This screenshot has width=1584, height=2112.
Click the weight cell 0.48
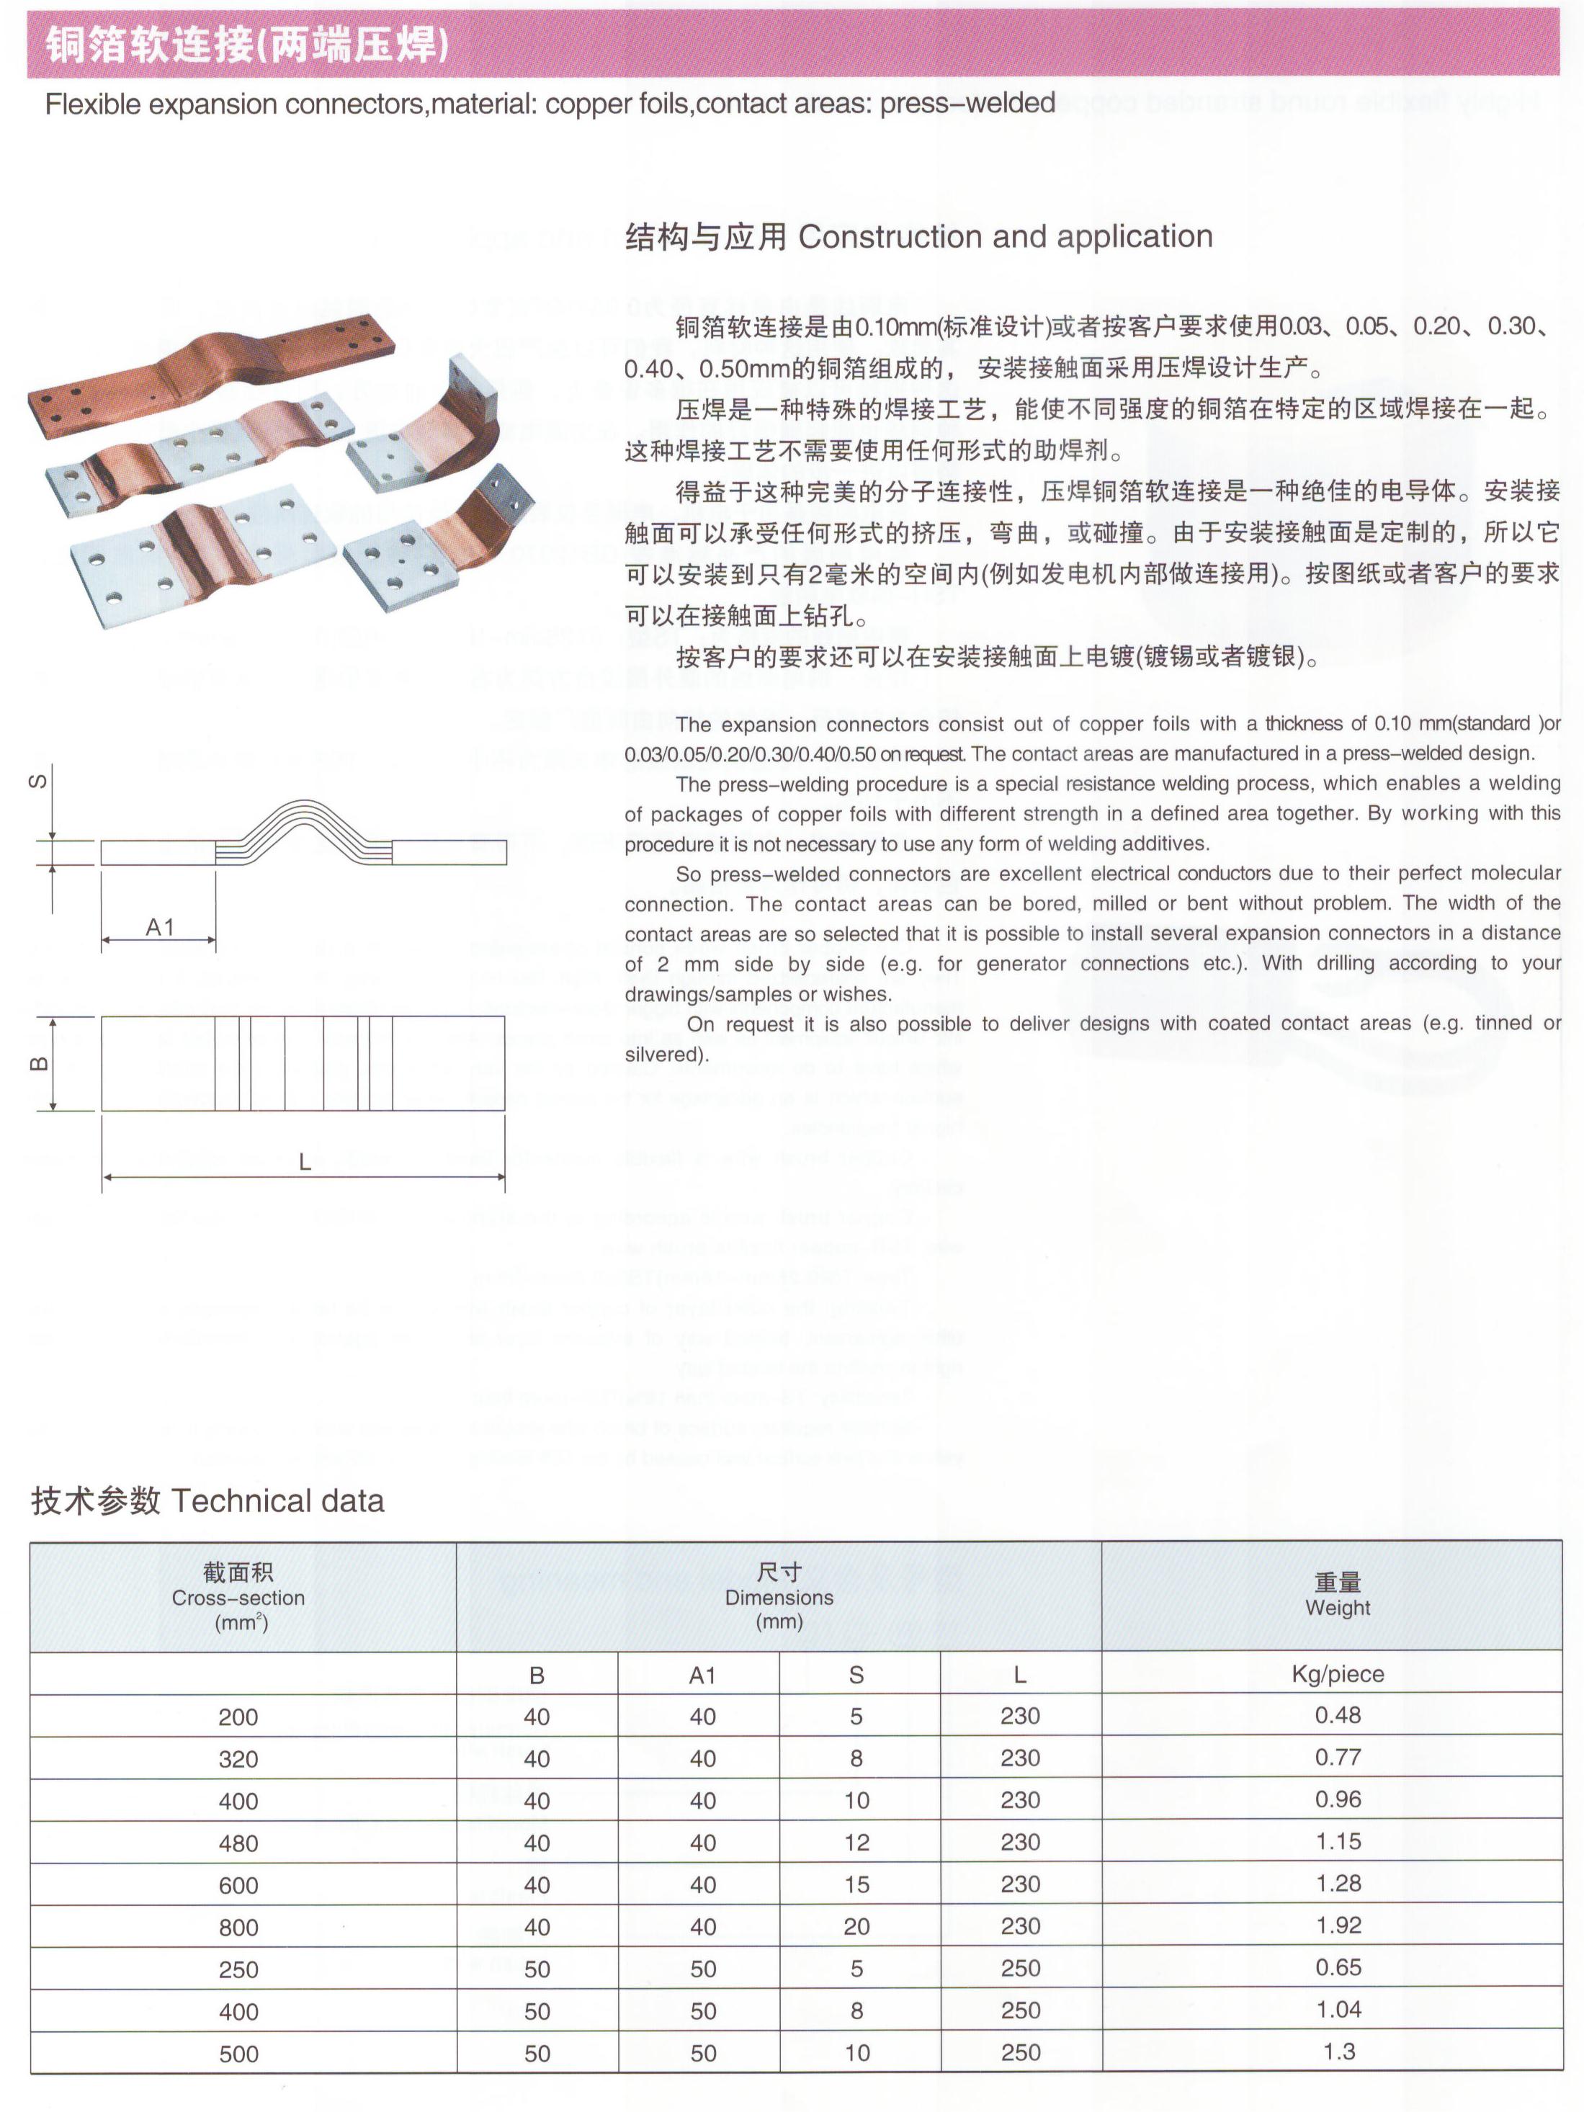(x=1337, y=1715)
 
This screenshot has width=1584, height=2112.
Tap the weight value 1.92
(x=1337, y=1925)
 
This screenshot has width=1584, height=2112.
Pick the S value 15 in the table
(x=856, y=1884)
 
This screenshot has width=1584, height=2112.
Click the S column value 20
(x=856, y=1926)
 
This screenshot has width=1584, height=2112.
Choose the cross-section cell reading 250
(x=238, y=1969)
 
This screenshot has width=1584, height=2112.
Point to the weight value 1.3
(x=1338, y=2051)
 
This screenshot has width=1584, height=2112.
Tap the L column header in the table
(x=1020, y=1674)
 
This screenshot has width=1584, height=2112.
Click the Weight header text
(x=1337, y=1608)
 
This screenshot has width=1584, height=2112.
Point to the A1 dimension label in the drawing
(x=159, y=926)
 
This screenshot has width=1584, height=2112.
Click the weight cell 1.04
(x=1337, y=2009)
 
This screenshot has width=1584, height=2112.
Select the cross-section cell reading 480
(x=238, y=1843)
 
